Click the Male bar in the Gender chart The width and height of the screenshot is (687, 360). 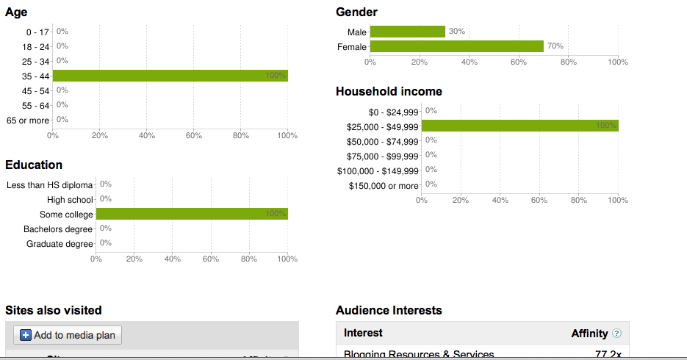(x=407, y=32)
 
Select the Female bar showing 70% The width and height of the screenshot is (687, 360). (x=456, y=46)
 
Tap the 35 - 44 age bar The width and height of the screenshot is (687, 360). (x=170, y=76)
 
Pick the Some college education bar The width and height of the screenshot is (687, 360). (x=192, y=214)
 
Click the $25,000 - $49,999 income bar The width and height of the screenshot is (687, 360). (x=519, y=126)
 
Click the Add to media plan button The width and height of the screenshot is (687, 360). (x=68, y=335)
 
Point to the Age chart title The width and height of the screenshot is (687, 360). (x=16, y=12)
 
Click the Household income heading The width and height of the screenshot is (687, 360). (x=389, y=92)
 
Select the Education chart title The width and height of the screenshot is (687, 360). (x=34, y=165)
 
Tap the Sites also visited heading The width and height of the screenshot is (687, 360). (x=54, y=310)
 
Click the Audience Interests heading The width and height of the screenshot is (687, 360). (x=389, y=310)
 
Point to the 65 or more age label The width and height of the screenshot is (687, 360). (x=28, y=120)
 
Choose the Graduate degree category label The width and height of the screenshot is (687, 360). (x=60, y=243)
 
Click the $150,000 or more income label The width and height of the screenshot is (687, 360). (x=383, y=186)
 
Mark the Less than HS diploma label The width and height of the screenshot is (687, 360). (x=50, y=184)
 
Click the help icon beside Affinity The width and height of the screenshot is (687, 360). (x=616, y=334)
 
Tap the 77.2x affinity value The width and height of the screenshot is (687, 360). (x=609, y=355)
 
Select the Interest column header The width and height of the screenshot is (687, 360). (x=363, y=334)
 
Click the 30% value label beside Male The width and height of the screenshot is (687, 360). (x=456, y=32)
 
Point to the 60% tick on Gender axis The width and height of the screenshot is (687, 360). (x=519, y=62)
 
